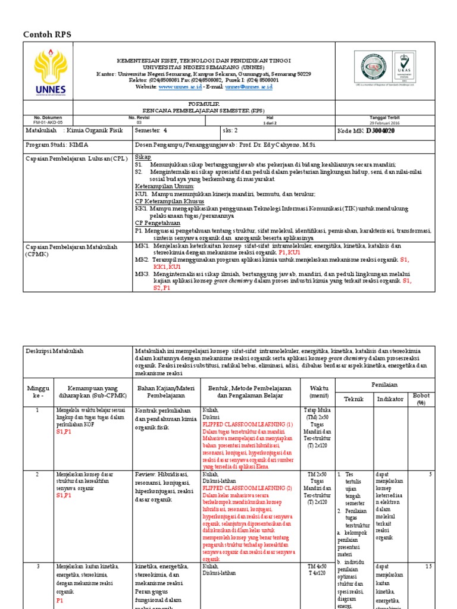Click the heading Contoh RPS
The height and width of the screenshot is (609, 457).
(46, 34)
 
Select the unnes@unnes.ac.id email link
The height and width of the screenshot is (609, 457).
(248, 87)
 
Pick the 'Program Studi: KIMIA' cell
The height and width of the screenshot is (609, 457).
(55, 145)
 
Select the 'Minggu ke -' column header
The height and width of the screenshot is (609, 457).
(36, 392)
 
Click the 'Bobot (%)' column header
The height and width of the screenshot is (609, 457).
(421, 398)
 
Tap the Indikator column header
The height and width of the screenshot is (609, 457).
(390, 399)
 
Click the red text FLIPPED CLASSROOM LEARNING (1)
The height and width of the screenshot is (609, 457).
(248, 425)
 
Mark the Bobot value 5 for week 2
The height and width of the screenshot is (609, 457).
(430, 474)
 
